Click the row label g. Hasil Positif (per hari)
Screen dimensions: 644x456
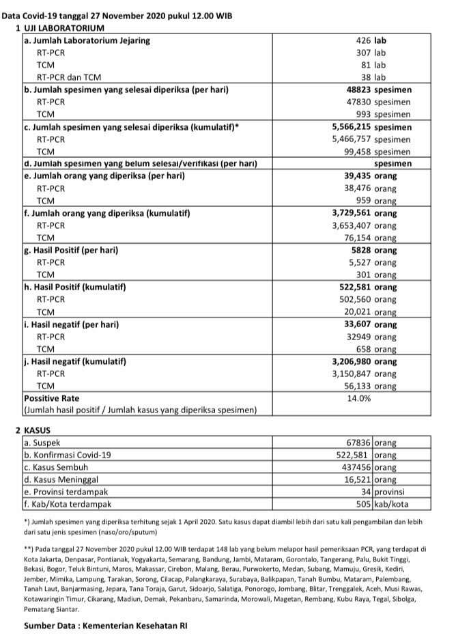click(x=71, y=251)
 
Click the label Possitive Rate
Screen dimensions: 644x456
click(x=51, y=398)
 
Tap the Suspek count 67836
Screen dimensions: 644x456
click(x=355, y=443)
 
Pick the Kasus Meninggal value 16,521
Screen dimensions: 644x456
click(x=354, y=480)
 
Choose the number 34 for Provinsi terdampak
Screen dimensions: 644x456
click(x=367, y=492)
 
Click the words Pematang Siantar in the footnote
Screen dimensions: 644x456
click(x=51, y=609)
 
